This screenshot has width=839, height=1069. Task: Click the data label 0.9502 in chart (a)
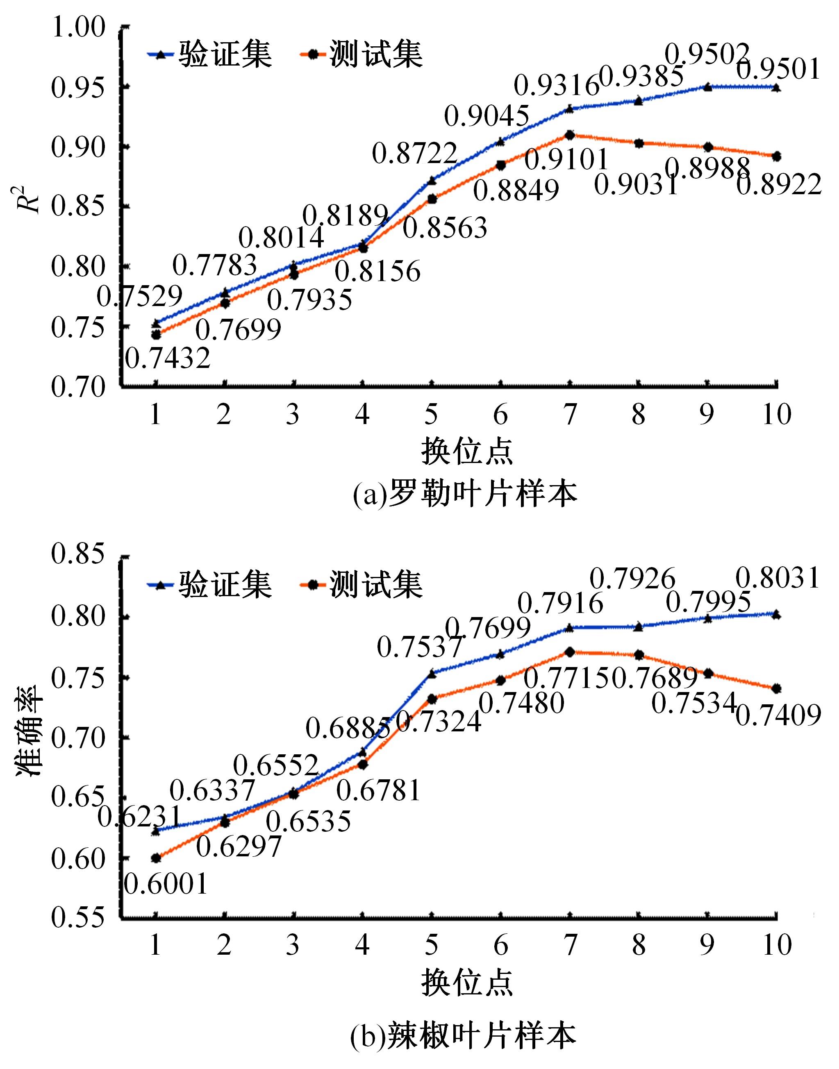pyautogui.click(x=707, y=54)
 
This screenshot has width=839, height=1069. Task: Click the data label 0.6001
pyautogui.click(x=166, y=884)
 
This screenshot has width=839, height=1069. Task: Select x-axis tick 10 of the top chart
pyautogui.click(x=777, y=415)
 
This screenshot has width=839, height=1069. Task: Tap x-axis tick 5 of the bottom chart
pyautogui.click(x=431, y=945)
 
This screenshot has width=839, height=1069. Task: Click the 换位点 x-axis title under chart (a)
pyautogui.click(x=467, y=452)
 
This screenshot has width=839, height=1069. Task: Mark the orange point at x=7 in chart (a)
pyautogui.click(x=570, y=135)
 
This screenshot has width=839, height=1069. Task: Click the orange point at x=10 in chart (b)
pyautogui.click(x=777, y=689)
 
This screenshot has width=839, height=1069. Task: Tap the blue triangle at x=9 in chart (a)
pyautogui.click(x=707, y=87)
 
